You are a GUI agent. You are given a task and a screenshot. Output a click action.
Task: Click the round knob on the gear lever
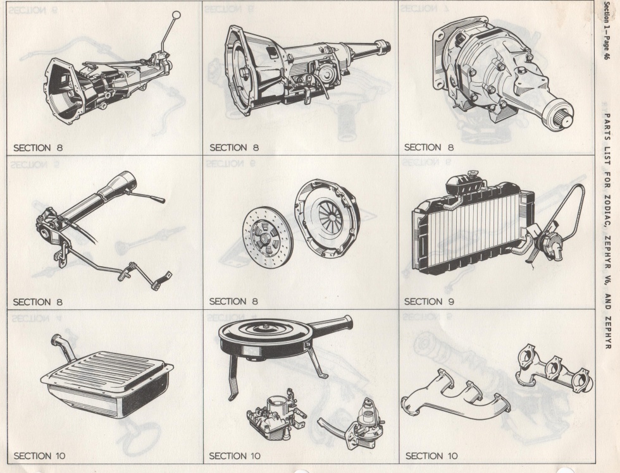click(177, 15)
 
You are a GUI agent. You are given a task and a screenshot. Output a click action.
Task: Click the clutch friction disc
click(268, 238)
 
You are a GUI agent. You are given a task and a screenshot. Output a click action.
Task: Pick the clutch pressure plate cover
click(327, 218)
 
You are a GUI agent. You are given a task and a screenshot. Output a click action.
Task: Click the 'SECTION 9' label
click(429, 302)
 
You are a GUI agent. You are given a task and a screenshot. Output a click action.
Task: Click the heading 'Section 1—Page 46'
click(608, 31)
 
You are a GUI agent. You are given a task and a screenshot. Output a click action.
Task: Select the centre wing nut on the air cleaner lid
click(266, 326)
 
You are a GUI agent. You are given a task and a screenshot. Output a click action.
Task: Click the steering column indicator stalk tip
click(161, 200)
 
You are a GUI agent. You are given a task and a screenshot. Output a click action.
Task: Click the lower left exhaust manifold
click(455, 398)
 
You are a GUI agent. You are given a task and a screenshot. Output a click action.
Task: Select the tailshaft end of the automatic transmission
click(383, 45)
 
